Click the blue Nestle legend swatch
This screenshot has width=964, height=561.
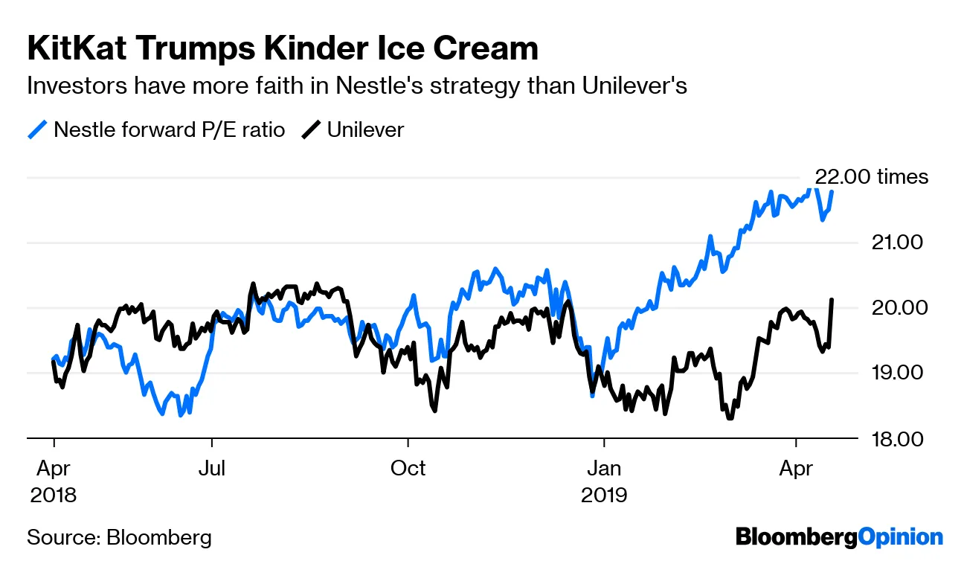(38, 130)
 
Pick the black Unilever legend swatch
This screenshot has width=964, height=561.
(311, 130)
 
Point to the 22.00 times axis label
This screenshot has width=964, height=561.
(872, 177)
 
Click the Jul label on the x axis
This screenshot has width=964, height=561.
(212, 468)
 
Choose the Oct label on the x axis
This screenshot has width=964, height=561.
(408, 468)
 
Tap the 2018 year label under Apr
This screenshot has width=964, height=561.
(53, 495)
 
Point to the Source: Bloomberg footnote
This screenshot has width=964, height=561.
(119, 538)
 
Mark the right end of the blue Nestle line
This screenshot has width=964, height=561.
(832, 192)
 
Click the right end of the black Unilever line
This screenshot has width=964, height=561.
(832, 300)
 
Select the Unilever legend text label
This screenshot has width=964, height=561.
(365, 130)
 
